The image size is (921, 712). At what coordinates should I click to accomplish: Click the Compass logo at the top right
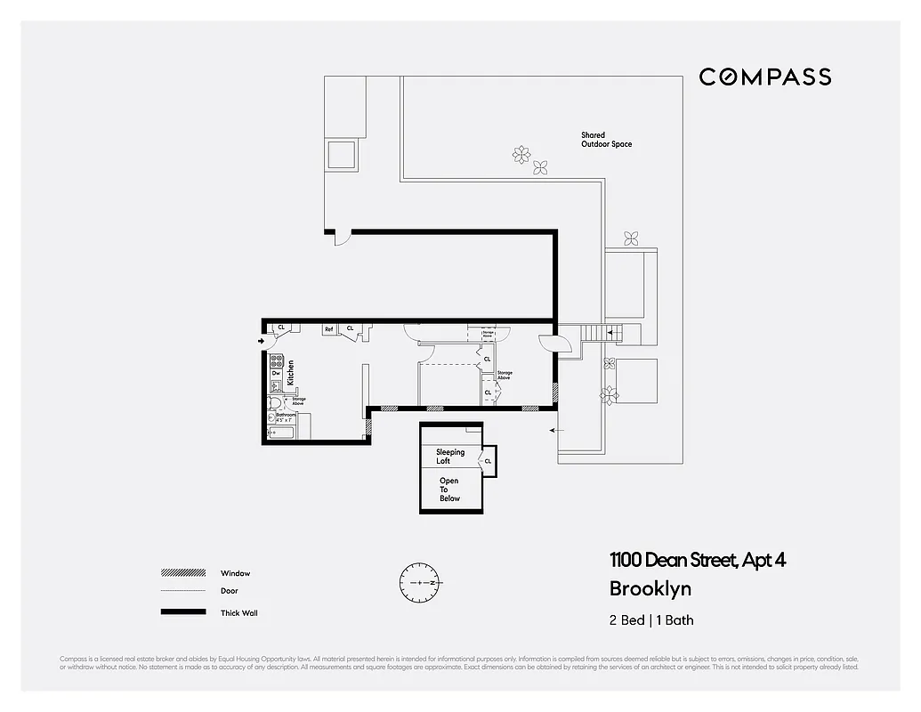[x=764, y=77]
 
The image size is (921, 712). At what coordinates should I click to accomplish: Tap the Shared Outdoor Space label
[x=606, y=140]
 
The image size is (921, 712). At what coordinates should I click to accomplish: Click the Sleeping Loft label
[x=449, y=457]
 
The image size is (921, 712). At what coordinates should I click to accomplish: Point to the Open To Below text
[x=449, y=489]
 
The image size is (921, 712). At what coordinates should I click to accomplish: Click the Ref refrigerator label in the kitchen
[x=328, y=328]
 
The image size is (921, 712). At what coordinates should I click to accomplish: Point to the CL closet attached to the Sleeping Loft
[x=488, y=460]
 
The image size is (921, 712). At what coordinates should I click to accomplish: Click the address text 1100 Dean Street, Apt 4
[x=697, y=560]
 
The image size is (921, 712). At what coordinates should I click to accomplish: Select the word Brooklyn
[x=650, y=588]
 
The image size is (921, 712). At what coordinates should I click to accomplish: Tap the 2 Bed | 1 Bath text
[x=650, y=620]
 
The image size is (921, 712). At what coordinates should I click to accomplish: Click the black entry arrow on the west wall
[x=261, y=340]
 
